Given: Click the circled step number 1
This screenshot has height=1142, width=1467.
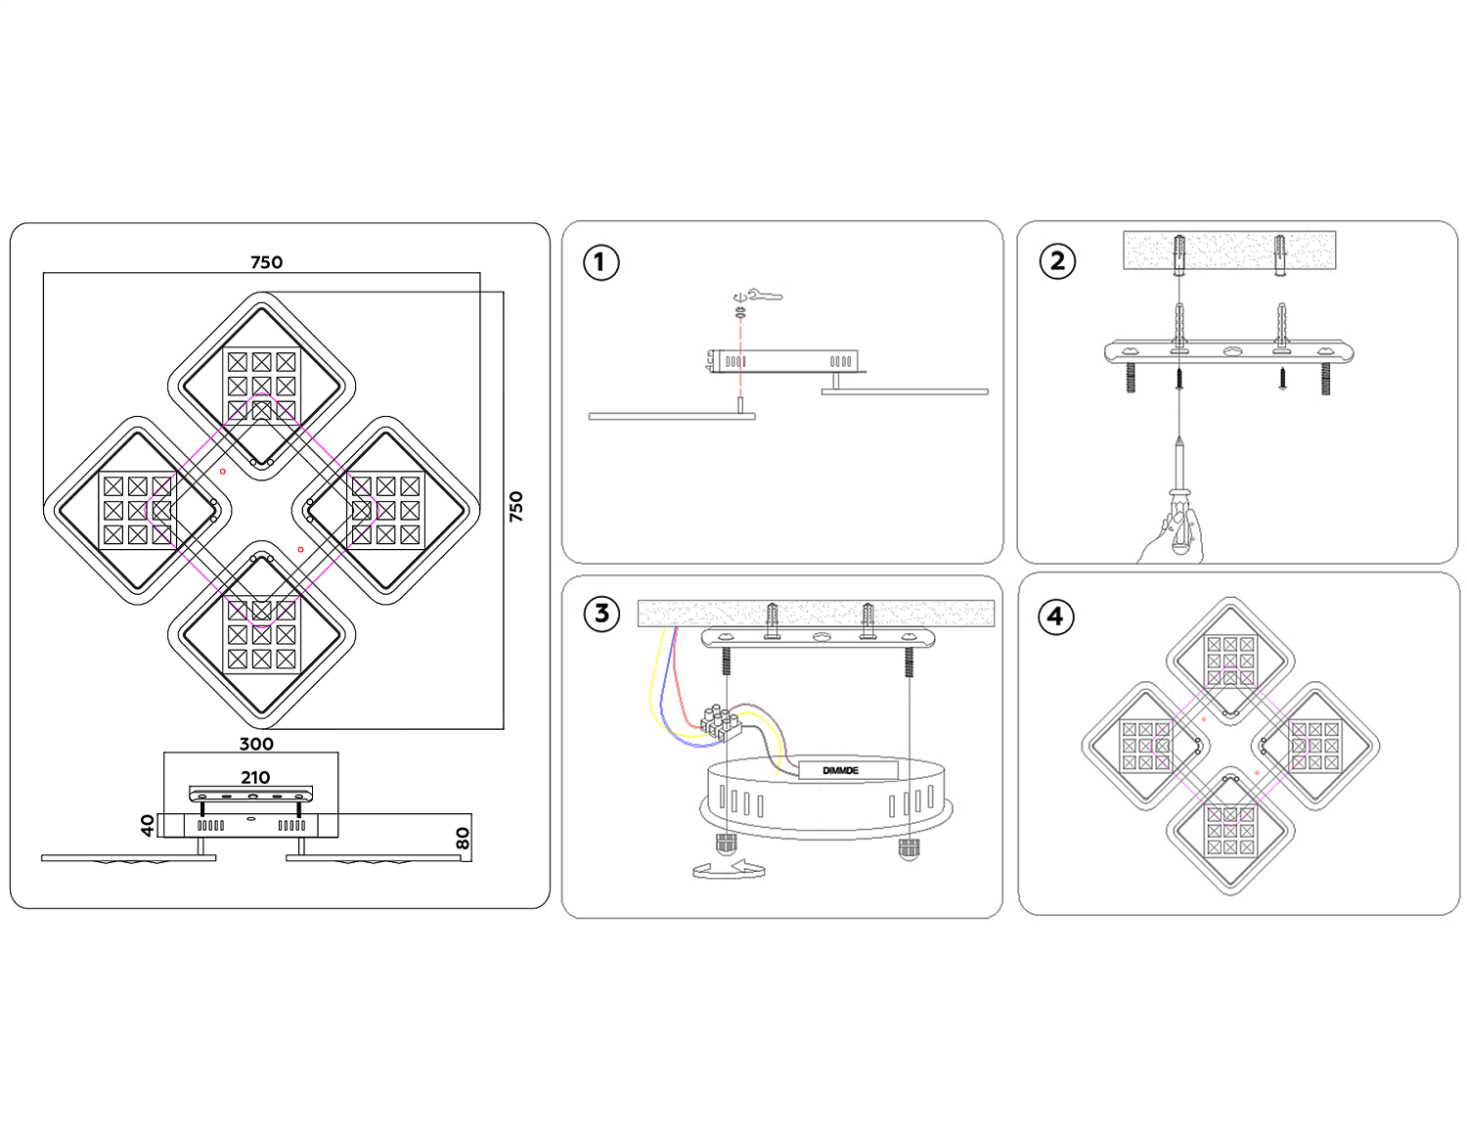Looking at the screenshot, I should click(600, 262).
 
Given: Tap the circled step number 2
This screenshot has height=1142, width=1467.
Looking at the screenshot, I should click(1057, 261).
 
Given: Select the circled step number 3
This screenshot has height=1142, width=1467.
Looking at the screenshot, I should click(601, 615).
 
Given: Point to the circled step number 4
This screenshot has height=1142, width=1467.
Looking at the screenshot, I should click(1055, 617).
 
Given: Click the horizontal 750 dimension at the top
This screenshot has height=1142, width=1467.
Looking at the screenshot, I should click(266, 262).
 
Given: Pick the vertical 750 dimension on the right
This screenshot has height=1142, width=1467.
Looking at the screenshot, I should click(516, 506).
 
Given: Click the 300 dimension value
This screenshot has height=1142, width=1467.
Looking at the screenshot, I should click(256, 744).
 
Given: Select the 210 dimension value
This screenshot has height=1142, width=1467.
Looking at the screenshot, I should click(255, 778).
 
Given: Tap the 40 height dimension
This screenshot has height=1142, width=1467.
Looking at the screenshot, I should click(148, 826).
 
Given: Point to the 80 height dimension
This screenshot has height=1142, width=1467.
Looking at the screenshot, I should click(463, 839).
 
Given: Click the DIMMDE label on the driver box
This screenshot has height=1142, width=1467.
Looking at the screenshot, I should click(840, 771).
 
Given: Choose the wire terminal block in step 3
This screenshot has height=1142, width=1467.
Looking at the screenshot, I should click(719, 722).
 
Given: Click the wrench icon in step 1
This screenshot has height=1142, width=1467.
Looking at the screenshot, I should click(765, 295).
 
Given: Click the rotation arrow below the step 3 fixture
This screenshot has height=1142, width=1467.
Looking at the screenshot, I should click(729, 869).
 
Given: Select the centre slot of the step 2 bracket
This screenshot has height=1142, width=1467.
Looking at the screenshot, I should click(1230, 349).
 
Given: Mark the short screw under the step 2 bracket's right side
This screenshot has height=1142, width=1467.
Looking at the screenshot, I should click(1282, 380).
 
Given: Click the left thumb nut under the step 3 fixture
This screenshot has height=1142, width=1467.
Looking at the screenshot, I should click(726, 845).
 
